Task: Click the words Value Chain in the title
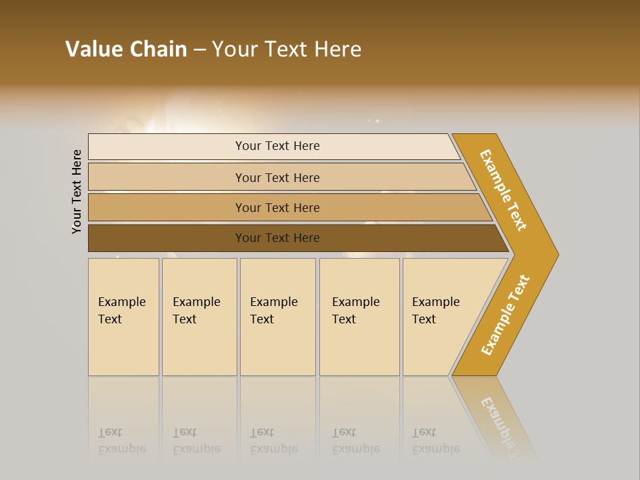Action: [x=126, y=49]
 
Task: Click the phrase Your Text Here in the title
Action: [x=287, y=49]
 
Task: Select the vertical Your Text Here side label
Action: [x=77, y=191]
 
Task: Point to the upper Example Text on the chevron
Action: [x=503, y=190]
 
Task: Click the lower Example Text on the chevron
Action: [x=505, y=315]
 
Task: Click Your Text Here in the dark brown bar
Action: [x=277, y=238]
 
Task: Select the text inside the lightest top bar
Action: [x=277, y=146]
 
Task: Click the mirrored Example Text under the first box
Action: [x=121, y=441]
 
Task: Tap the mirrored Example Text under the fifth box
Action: [x=435, y=441]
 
